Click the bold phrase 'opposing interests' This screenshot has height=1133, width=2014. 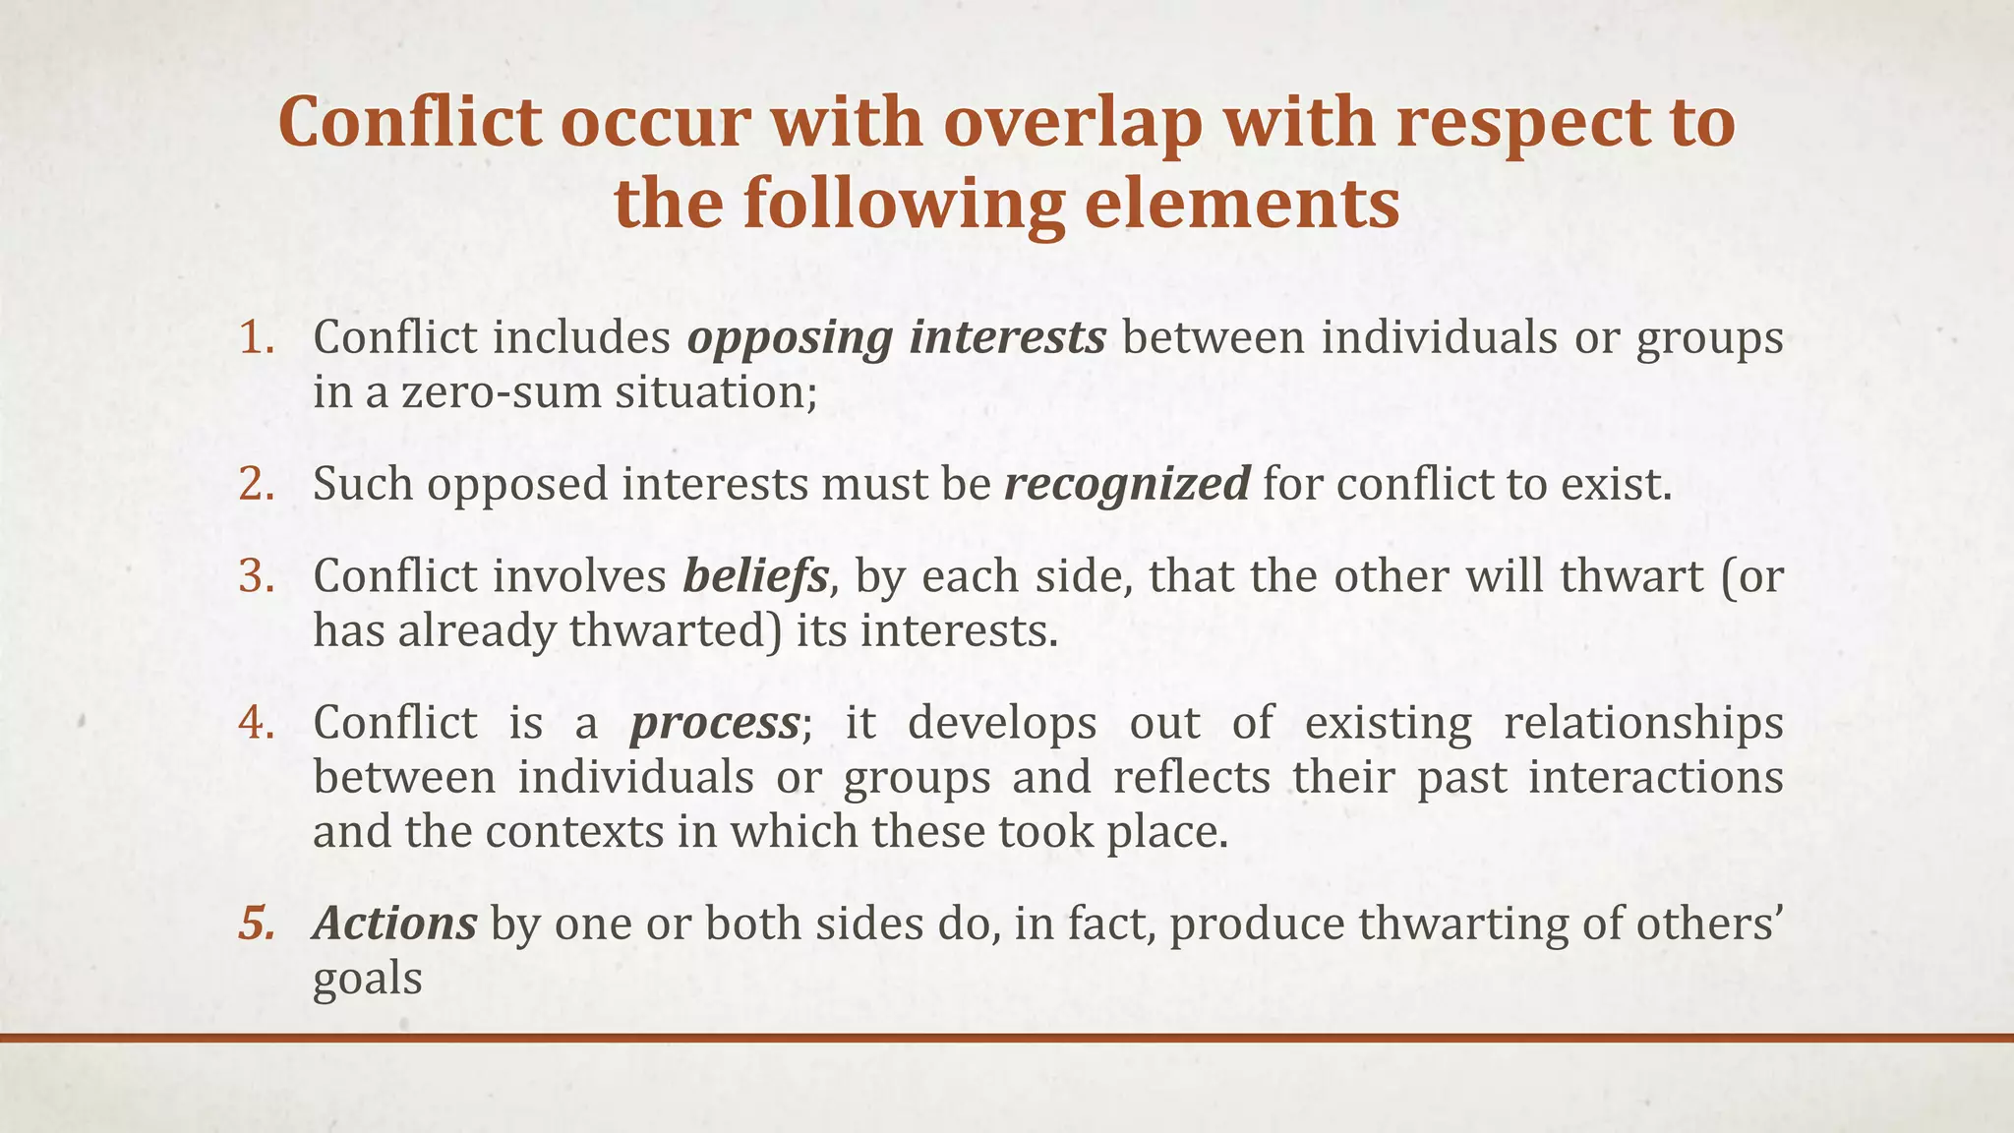point(896,338)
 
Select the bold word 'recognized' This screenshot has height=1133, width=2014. point(1127,485)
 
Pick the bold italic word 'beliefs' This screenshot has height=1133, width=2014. point(755,576)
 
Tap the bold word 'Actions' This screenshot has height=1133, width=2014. point(395,924)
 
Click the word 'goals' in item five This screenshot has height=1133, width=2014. point(368,981)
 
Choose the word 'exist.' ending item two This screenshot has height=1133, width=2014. point(1617,484)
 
